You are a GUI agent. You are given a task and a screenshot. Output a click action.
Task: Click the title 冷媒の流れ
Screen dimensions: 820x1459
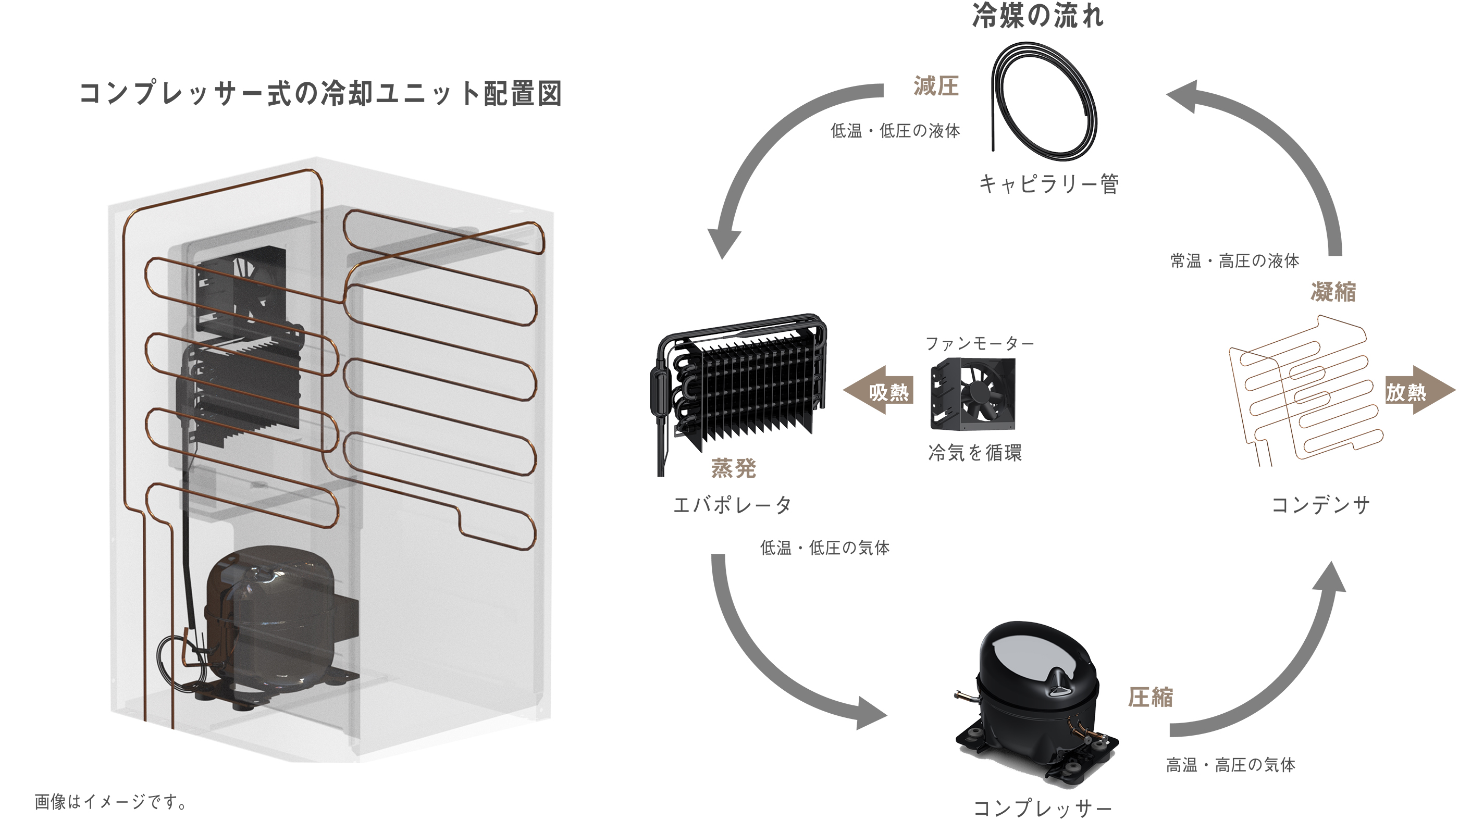[1037, 16]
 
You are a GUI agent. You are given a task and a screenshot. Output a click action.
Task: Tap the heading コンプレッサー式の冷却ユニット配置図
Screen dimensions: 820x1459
[320, 93]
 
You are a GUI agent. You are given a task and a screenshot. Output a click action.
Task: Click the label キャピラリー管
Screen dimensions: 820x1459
[1048, 184]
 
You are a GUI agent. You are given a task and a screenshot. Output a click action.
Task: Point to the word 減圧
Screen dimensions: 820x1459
[936, 86]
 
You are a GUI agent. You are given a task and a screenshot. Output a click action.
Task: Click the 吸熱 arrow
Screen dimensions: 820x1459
[881, 391]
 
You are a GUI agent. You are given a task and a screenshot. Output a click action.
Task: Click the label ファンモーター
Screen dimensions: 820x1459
[979, 343]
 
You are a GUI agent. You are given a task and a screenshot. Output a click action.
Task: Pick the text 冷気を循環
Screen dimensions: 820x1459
[975, 453]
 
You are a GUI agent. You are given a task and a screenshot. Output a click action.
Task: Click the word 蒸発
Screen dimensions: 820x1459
[734, 468]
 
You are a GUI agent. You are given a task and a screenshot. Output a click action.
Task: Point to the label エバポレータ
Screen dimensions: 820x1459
[732, 505]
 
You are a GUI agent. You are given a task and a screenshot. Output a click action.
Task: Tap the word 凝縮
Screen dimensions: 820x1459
[1333, 292]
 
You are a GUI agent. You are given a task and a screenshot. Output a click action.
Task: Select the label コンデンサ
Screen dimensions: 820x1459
[1320, 505]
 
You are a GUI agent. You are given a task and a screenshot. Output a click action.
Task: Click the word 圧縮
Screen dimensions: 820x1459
[1151, 697]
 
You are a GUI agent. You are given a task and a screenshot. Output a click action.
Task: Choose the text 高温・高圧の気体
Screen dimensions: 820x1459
[1230, 765]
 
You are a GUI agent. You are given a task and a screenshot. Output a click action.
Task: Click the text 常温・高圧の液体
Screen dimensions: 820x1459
[1235, 261]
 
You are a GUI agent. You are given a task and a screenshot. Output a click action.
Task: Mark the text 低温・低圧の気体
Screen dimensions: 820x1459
[825, 548]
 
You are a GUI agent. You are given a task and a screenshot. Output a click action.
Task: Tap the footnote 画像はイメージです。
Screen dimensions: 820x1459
[110, 802]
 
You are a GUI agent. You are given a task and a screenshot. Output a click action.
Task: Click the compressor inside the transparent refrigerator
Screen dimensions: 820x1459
[272, 623]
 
